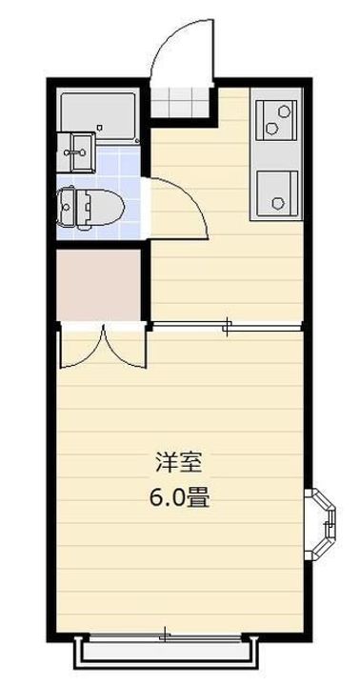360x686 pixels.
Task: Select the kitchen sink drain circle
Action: (278, 201)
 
